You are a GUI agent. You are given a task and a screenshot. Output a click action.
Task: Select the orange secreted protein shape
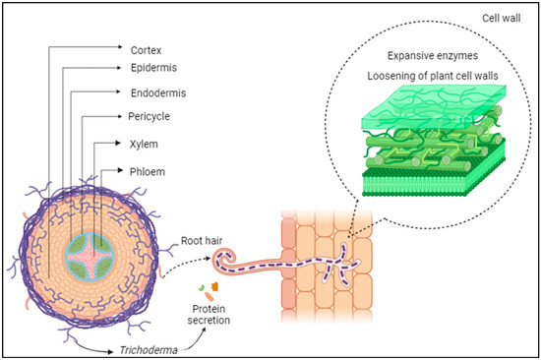[x=214, y=286]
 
